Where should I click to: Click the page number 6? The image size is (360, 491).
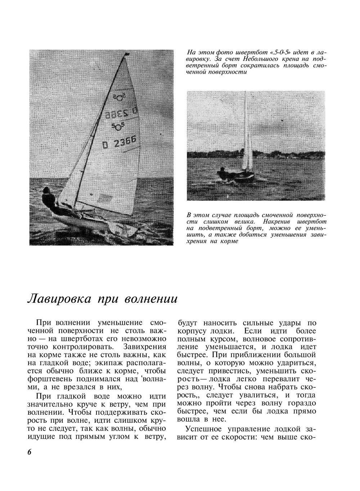[x=30, y=452]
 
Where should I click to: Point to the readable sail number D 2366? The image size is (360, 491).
[x=119, y=143]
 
